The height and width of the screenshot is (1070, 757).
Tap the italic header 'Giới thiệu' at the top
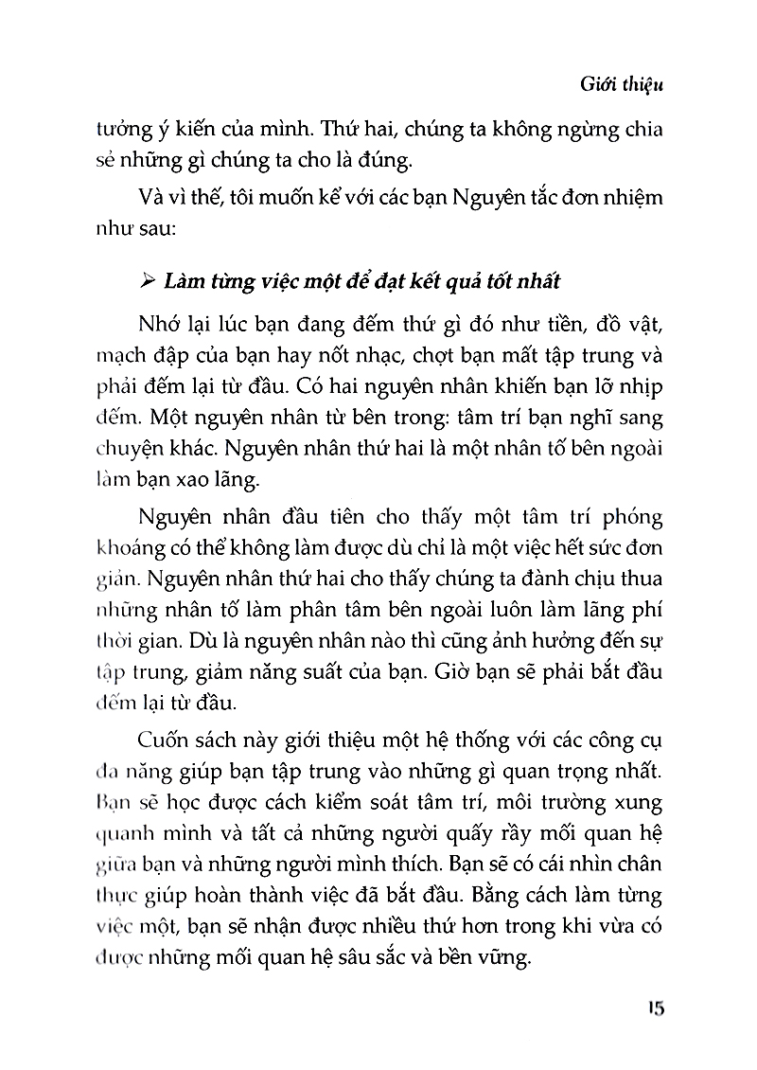tap(623, 84)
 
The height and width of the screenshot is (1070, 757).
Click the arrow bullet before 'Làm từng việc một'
tap(145, 281)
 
